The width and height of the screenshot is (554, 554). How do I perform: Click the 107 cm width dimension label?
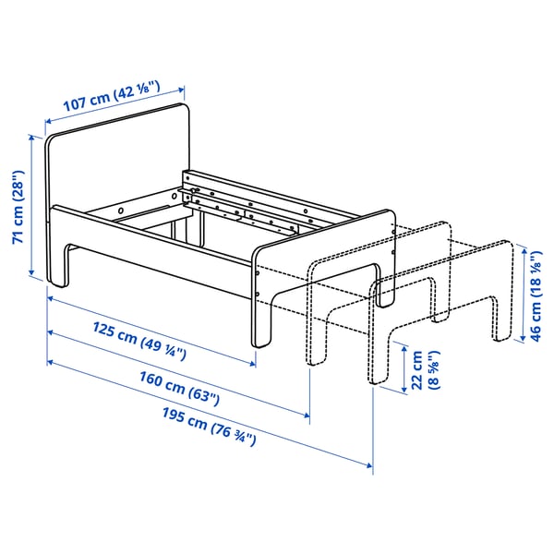pos(112,95)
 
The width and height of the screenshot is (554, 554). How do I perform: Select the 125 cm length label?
pos(142,339)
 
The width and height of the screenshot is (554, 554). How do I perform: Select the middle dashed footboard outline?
pos(388,268)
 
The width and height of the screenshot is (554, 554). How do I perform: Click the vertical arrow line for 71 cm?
pos(33,209)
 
